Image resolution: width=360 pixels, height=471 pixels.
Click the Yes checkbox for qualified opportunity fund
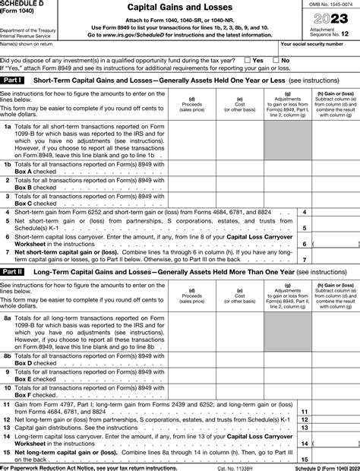click(248, 59)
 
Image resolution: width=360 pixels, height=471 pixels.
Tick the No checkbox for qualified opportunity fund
click(276, 59)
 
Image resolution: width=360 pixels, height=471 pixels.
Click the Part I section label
click(13, 80)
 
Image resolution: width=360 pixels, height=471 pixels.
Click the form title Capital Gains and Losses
click(179, 7)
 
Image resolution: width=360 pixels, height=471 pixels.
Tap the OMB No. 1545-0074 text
click(327, 5)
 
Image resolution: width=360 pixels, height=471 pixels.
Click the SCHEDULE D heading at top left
click(24, 4)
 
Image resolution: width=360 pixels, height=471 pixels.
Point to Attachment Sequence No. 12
click(327, 33)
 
